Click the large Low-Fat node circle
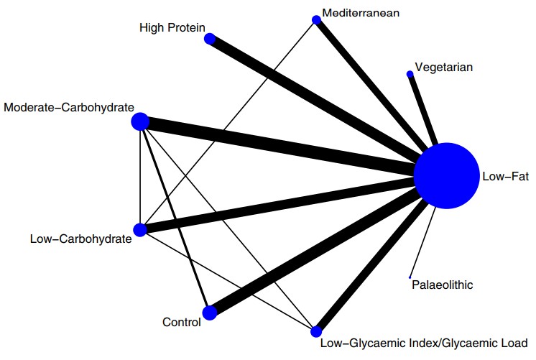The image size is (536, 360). pos(446,176)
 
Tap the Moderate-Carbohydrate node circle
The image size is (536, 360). pos(140,122)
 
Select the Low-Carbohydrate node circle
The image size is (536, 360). pos(140,230)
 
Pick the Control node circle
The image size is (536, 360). pos(210,313)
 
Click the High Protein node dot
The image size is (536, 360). pos(210,39)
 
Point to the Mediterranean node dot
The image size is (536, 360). pos(315,21)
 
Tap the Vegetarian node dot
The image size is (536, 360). pos(410,73)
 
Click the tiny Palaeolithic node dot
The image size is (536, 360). pos(410,277)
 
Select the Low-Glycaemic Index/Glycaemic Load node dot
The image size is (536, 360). pos(315,331)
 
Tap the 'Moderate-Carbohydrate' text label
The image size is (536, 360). pos(69,108)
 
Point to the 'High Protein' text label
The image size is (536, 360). pos(172,27)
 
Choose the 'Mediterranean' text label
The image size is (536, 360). pos(361,13)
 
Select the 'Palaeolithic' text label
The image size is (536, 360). pos(443,285)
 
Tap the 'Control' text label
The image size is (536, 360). pos(181,323)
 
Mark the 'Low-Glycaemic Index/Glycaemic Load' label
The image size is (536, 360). pos(424,342)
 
